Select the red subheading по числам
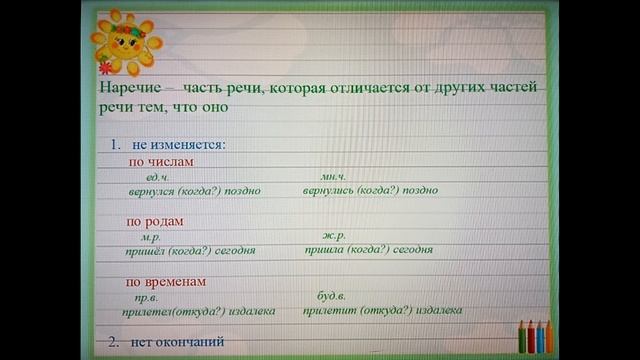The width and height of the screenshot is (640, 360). point(160,162)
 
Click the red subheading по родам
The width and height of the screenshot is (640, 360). point(156,221)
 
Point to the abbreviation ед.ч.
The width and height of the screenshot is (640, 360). point(158,176)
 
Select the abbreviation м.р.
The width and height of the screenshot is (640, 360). point(151,236)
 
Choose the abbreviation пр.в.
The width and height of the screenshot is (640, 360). point(146,297)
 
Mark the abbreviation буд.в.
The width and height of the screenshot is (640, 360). point(331,297)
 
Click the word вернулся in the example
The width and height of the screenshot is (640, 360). point(152,190)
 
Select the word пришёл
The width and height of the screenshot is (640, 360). point(145,250)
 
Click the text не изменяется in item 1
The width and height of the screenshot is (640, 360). point(178,144)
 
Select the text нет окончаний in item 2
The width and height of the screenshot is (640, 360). point(177,341)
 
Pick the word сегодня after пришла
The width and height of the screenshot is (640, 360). point(412,250)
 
